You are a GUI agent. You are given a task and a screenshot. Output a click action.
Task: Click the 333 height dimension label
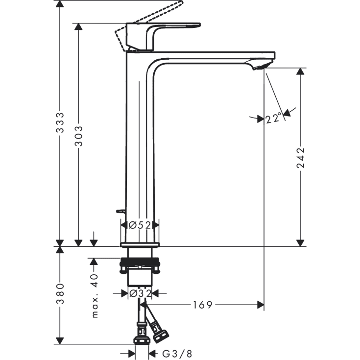point(60,122)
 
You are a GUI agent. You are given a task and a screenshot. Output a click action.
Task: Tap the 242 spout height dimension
point(300,158)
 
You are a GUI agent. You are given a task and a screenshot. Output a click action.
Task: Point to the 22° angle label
point(273,118)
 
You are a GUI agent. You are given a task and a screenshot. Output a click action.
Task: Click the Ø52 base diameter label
point(140,225)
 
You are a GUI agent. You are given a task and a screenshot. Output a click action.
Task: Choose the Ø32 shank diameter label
point(140,293)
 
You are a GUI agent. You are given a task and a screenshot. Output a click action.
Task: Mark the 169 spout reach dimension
point(202,305)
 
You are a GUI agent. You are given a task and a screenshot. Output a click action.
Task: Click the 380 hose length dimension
point(60,294)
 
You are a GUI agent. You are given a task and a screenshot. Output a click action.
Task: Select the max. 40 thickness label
point(95,295)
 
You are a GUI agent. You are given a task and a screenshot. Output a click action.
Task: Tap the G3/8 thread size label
point(170,353)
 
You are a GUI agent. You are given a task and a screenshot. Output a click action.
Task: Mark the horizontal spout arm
point(216,55)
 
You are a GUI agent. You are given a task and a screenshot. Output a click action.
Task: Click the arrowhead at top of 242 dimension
point(300,72)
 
